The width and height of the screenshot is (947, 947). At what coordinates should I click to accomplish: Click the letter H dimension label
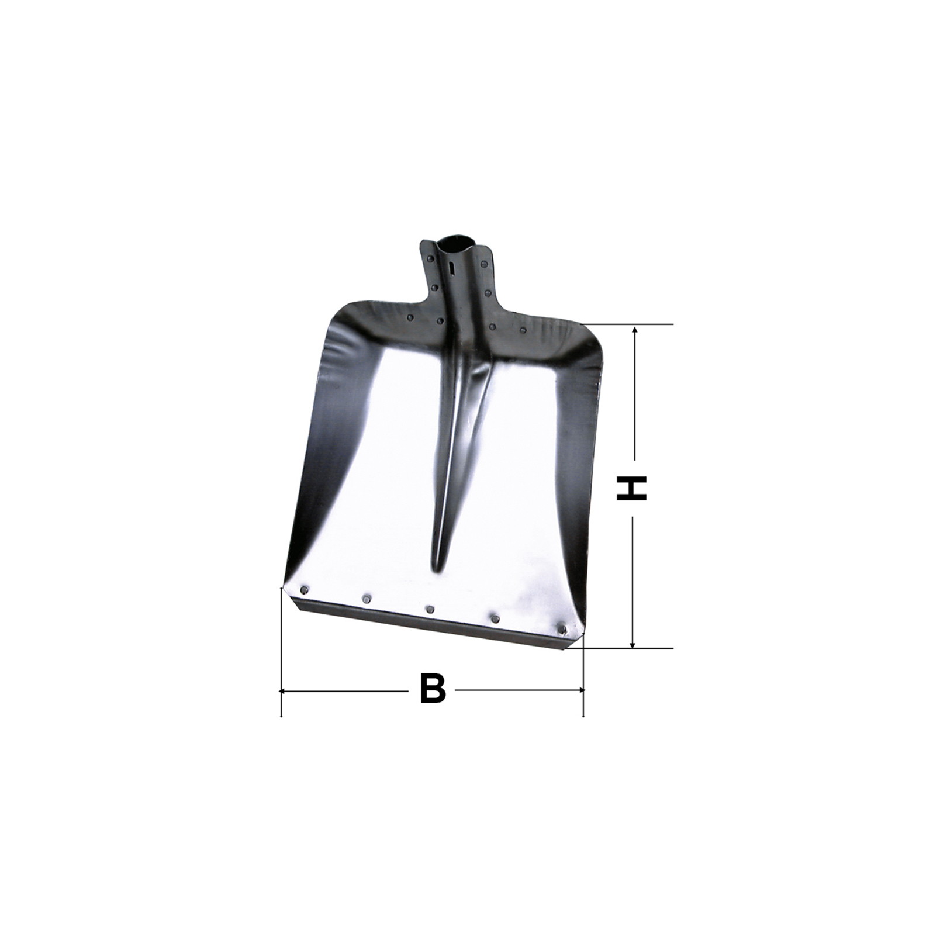click(631, 488)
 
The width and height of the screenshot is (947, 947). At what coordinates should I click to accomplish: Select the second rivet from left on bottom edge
click(367, 599)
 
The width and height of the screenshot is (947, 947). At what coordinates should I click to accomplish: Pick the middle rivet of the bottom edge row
click(430, 609)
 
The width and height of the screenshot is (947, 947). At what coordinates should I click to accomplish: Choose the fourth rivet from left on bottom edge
click(495, 618)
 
